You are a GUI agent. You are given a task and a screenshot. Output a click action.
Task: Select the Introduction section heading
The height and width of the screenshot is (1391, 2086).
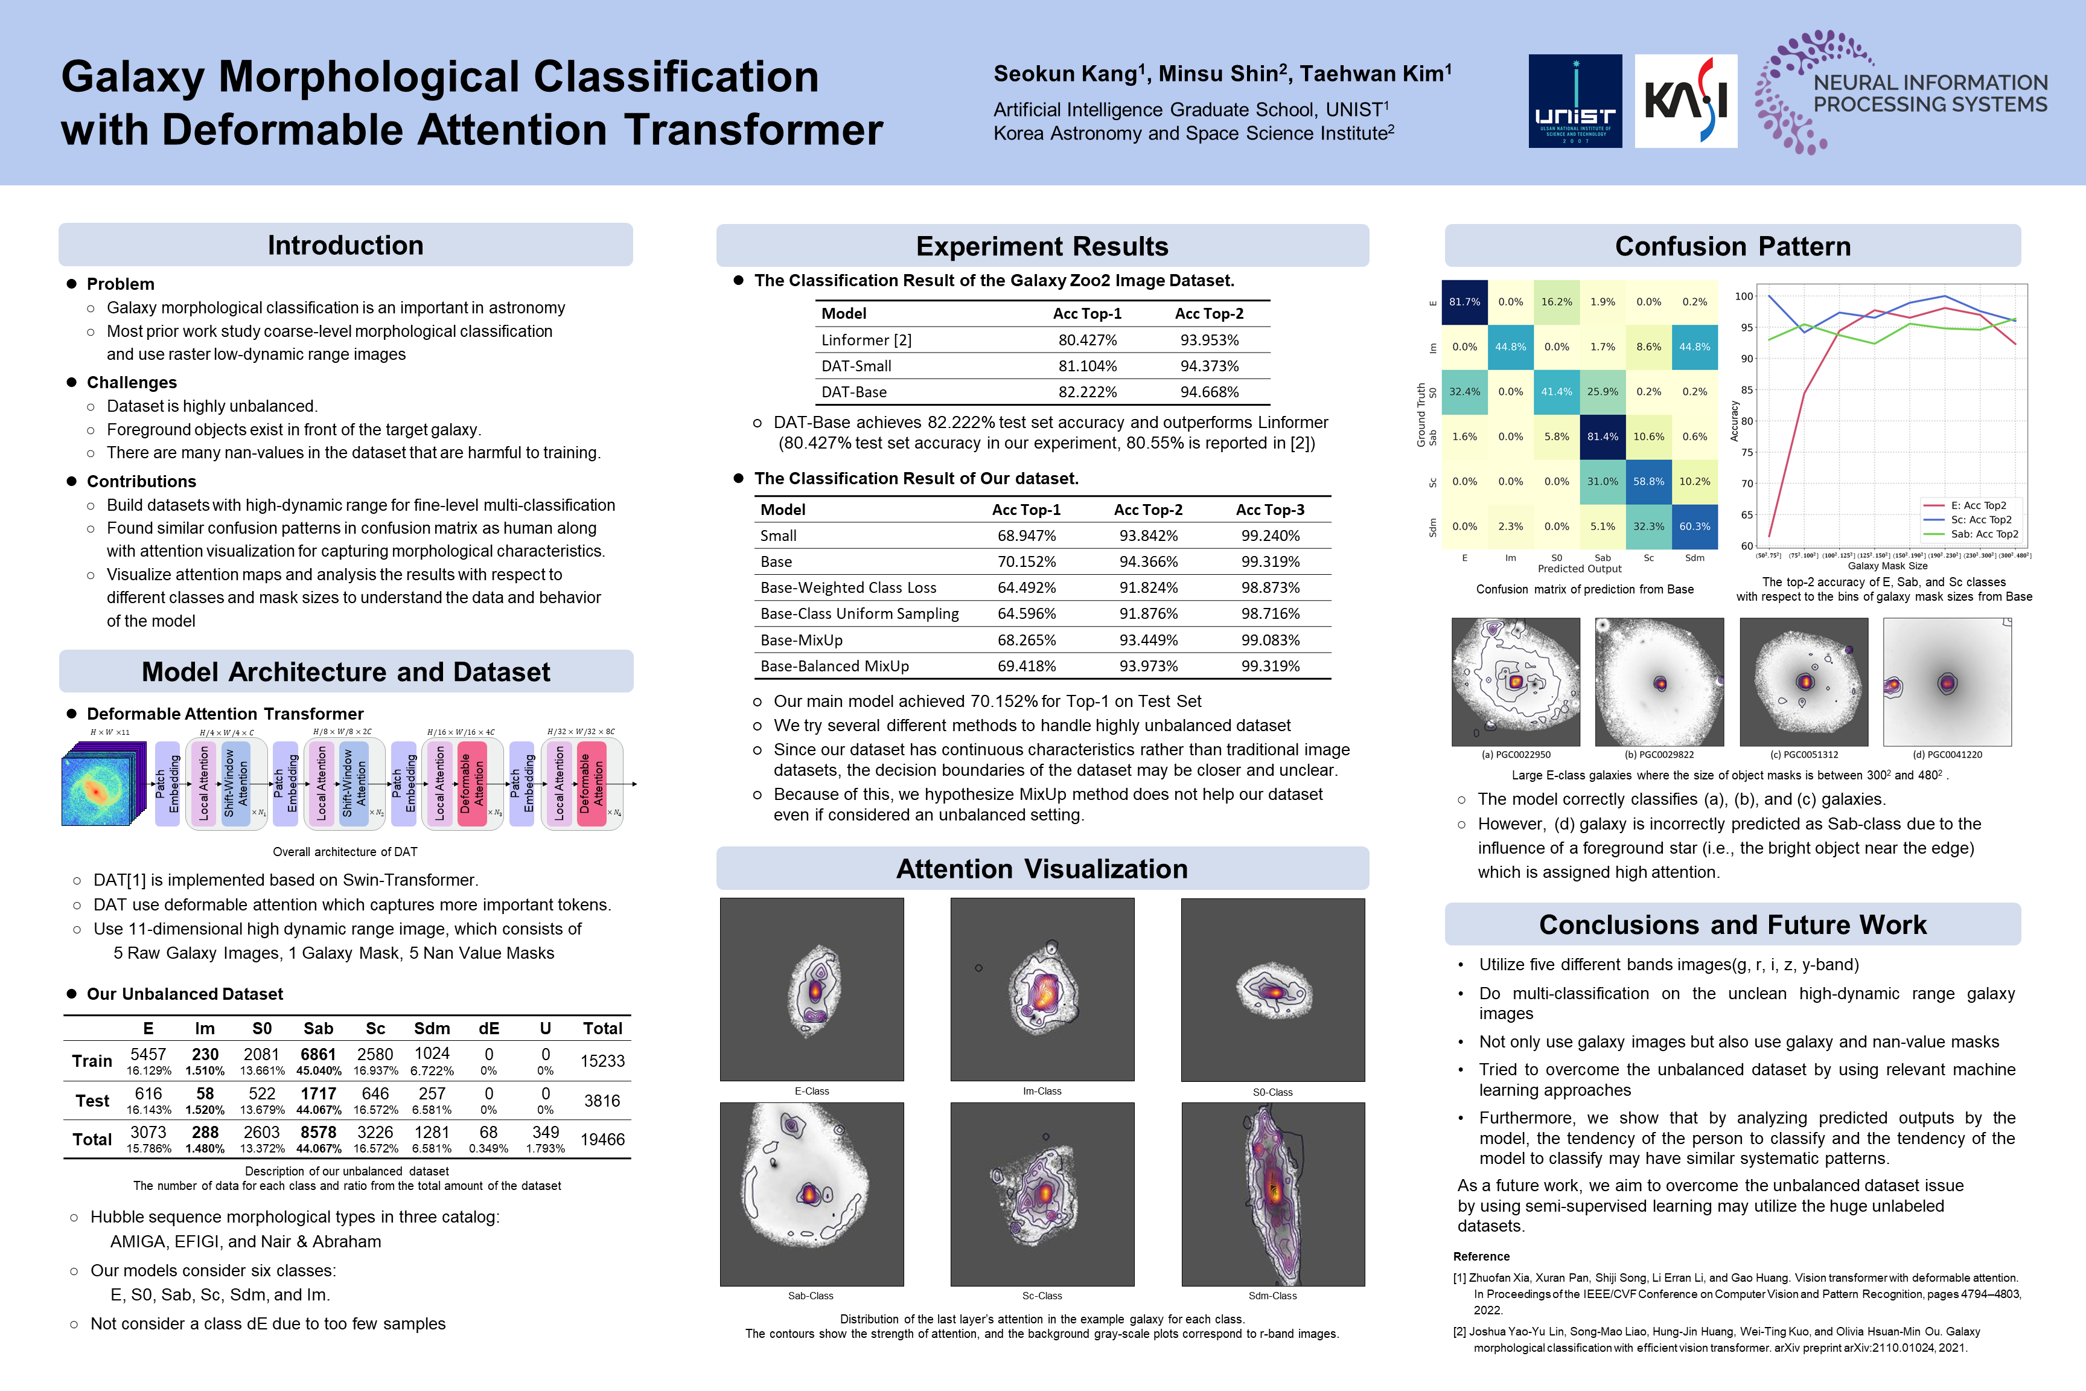point(345,246)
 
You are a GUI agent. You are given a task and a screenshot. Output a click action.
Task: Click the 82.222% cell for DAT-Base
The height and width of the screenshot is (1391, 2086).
point(1087,392)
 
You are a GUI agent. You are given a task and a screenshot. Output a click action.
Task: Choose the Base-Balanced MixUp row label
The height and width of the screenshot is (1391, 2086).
point(834,667)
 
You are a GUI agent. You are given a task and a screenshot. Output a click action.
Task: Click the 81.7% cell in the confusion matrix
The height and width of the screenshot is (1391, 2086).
point(1464,302)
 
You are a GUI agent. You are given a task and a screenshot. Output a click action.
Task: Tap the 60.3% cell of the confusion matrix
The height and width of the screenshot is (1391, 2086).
point(1694,526)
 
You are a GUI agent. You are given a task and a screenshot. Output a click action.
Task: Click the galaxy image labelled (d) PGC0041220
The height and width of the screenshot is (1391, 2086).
point(1947,682)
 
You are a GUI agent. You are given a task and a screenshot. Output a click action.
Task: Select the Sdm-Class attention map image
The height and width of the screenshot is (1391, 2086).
point(1273,1194)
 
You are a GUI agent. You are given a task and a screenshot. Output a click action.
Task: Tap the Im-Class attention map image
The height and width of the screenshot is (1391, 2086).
point(1042,989)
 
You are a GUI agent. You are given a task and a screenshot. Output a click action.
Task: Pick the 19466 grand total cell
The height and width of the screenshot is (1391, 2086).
point(602,1139)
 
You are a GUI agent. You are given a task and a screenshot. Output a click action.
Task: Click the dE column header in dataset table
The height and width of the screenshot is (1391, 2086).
point(489,1028)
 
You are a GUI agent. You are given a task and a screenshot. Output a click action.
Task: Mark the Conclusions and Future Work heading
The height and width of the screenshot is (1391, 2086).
point(1732,926)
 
